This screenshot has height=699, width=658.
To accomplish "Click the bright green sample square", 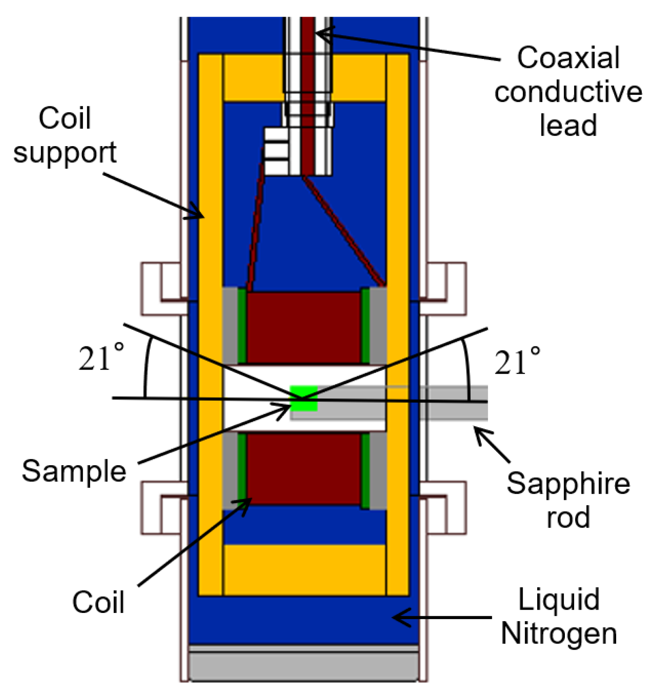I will point(304,399).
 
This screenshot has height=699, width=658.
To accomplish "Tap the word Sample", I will point(74,471).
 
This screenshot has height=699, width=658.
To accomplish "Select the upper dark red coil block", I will point(304,328).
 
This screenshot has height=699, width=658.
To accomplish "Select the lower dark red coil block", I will point(304,468).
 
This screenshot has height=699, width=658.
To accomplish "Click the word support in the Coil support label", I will point(65,152).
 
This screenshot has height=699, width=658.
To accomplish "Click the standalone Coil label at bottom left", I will point(98,602).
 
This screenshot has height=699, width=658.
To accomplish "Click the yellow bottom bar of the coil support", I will point(304,569).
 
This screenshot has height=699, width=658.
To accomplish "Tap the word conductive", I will point(568,91).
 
